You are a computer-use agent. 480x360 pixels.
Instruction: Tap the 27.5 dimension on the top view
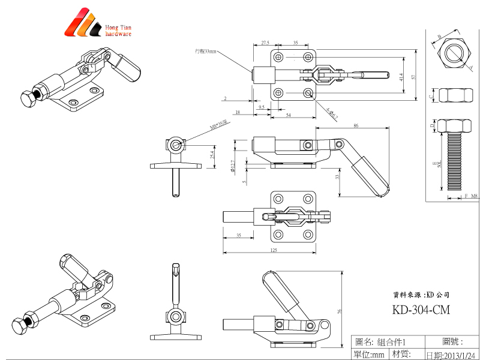[x=265, y=43]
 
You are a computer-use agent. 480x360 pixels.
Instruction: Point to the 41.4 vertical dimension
[x=401, y=76]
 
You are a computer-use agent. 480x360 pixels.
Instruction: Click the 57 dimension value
[x=413, y=76]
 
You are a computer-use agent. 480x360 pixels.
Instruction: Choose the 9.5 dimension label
[x=262, y=106]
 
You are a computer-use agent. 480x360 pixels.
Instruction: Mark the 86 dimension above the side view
[x=356, y=125]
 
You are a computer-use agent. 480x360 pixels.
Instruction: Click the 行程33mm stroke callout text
[x=205, y=52]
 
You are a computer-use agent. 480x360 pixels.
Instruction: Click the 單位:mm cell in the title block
[x=369, y=355]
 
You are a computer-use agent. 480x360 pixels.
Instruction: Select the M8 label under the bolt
[x=474, y=196]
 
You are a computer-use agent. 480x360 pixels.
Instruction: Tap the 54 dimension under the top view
[x=289, y=114]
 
